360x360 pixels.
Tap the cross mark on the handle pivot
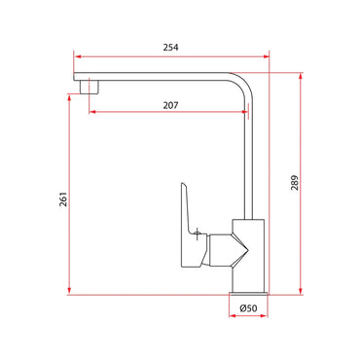(198, 234)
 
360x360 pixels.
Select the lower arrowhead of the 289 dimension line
(301, 290)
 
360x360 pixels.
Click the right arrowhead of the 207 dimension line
(244, 110)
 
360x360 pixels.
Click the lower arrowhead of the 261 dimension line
(69, 290)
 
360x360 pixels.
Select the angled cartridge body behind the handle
(234, 248)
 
